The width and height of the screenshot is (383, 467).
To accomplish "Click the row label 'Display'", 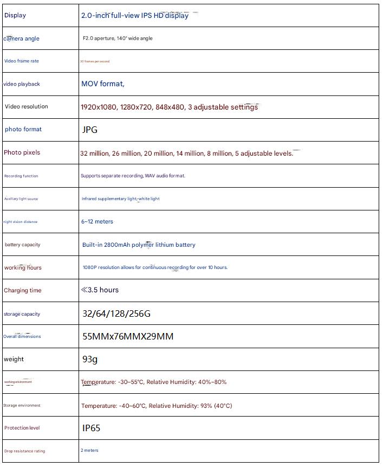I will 15,16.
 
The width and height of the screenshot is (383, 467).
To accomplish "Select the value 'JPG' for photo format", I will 90,130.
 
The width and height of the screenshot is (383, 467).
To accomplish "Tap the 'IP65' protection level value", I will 92,428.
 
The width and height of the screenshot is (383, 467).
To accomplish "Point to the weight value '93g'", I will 90,359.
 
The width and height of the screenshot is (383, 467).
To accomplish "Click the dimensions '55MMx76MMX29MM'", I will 128,336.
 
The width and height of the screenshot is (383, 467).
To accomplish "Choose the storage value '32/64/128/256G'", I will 116,314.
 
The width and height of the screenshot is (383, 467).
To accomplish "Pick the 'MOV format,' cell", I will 103,84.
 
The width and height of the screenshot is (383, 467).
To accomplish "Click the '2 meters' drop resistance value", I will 90,451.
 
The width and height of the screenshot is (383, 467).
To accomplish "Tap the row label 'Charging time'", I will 23,291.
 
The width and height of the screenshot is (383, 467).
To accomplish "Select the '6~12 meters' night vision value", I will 98,222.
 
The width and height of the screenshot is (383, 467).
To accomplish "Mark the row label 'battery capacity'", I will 23,245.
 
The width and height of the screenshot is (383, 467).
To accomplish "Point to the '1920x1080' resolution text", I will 99,107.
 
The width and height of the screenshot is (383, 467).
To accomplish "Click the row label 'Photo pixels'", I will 22,153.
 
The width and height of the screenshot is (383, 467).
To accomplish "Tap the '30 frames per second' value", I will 95,62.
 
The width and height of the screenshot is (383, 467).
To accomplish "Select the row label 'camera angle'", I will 22,39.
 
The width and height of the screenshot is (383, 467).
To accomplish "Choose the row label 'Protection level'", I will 22,428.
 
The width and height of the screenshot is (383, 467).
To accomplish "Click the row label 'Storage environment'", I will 22,406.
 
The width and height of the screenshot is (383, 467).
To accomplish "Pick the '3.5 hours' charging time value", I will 103,290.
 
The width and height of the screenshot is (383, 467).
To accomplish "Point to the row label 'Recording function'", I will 21,176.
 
